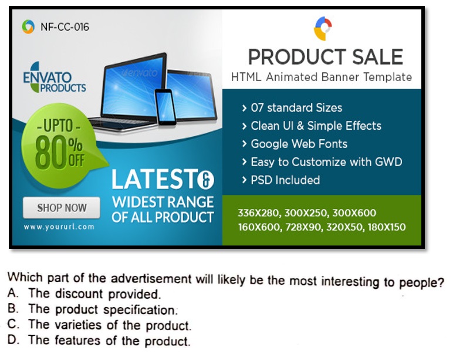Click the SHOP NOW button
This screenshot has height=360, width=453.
[x=62, y=208]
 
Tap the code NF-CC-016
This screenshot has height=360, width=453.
[x=65, y=27]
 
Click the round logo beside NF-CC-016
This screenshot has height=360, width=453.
[x=28, y=26]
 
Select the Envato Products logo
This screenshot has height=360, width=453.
[x=55, y=78]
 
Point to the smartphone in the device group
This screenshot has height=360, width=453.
[x=165, y=107]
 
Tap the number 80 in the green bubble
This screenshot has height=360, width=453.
[x=51, y=152]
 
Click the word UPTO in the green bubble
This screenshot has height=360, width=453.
[x=58, y=126]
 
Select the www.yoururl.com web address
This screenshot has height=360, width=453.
[x=59, y=227]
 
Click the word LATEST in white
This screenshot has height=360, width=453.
[x=154, y=179]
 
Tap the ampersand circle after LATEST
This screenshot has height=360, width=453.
[x=206, y=180]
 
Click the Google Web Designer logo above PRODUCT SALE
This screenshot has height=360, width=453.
[x=323, y=28]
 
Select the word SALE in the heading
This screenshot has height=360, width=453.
[x=377, y=57]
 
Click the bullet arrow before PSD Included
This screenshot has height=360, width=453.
[x=245, y=180]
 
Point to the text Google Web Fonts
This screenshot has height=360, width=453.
[x=299, y=144]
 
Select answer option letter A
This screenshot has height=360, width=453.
[x=13, y=293]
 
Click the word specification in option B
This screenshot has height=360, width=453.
[x=140, y=310]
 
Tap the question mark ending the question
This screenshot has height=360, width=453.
[x=441, y=282]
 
